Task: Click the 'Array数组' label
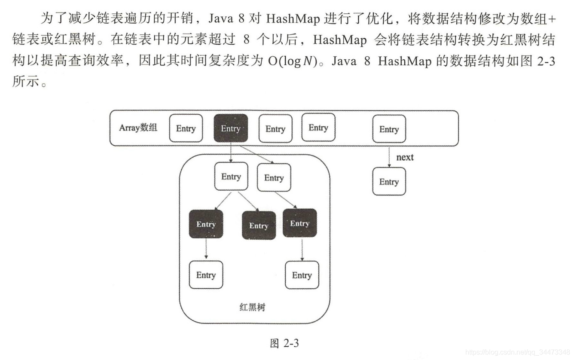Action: (x=138, y=128)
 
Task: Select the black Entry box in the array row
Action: (x=231, y=128)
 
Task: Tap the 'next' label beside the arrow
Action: (x=405, y=157)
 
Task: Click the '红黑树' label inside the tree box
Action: (x=252, y=307)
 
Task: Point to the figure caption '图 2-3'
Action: (x=284, y=343)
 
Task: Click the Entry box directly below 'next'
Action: (x=389, y=182)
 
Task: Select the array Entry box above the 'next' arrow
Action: (x=389, y=129)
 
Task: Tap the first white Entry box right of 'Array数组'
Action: (x=186, y=128)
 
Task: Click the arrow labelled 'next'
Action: (x=389, y=157)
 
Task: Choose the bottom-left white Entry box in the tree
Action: (x=206, y=275)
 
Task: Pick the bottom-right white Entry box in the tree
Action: (x=302, y=275)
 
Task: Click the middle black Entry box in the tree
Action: (x=259, y=226)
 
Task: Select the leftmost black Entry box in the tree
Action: (x=206, y=224)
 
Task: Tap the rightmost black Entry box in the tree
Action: (x=300, y=223)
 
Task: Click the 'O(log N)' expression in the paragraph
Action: (x=293, y=61)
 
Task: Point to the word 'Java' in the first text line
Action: (x=221, y=18)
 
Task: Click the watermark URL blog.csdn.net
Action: (x=518, y=352)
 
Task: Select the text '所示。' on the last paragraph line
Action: (x=30, y=82)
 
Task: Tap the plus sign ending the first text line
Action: (x=551, y=19)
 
